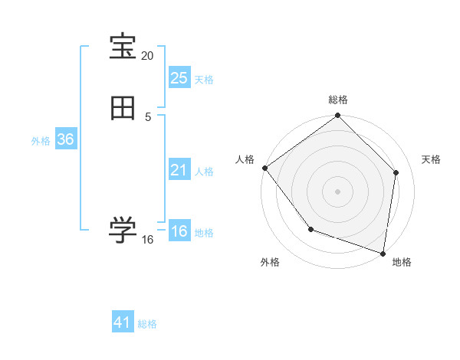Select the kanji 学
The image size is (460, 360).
[x=123, y=231]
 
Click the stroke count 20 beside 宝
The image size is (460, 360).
[x=148, y=56]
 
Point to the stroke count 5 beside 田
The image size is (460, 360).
[x=148, y=117]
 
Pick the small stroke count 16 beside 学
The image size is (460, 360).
[x=148, y=240]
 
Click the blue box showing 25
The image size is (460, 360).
[x=179, y=78]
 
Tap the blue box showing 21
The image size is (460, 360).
[x=179, y=170]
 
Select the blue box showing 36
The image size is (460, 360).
[x=65, y=139]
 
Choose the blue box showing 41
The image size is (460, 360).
[x=123, y=322]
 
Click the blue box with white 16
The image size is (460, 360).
[x=179, y=231]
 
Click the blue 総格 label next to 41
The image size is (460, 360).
[x=147, y=324]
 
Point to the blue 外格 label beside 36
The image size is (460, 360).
[x=41, y=141]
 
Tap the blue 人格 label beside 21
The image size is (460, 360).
[x=205, y=172]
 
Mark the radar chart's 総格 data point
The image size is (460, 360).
[x=337, y=116]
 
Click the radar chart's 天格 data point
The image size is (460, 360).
[x=396, y=172]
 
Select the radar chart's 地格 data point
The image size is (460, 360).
[x=383, y=253]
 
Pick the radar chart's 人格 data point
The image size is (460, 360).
[x=264, y=168]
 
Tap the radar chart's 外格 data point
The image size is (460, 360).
[x=310, y=228]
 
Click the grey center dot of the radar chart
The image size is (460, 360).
[x=337, y=191]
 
